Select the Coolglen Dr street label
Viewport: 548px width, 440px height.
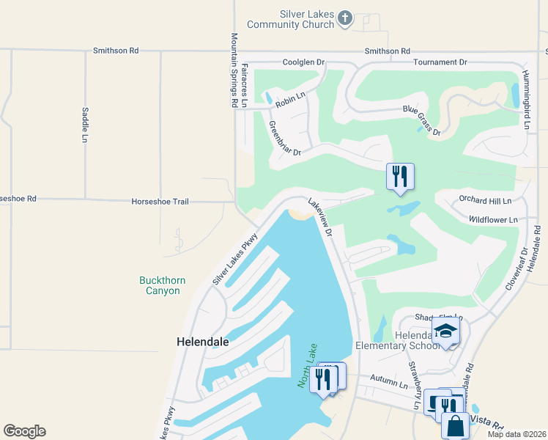303,63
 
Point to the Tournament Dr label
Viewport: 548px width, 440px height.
440,63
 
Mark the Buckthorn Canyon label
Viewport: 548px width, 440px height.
160,285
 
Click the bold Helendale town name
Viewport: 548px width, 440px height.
203,342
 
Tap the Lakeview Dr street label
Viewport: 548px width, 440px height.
320,218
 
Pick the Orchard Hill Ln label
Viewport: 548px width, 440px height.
484,199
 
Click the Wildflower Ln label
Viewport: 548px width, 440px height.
493,219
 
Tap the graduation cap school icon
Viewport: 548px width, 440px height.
445,331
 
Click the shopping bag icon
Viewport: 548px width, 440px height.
456,425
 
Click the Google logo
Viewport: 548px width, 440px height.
24,431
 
